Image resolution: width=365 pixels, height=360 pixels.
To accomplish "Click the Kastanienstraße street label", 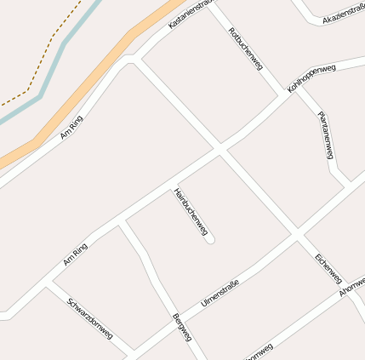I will click(x=189, y=15).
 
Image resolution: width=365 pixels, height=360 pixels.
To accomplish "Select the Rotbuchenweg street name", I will click(x=245, y=49).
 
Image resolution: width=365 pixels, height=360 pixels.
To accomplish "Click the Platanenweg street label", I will click(x=324, y=135).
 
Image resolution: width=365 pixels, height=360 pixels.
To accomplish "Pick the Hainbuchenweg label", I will click(x=191, y=212).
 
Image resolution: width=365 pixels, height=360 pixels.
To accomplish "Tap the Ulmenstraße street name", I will click(x=220, y=293).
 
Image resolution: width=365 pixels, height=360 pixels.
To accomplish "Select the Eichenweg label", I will click(x=328, y=268).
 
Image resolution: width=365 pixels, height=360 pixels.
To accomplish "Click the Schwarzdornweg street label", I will click(x=90, y=319).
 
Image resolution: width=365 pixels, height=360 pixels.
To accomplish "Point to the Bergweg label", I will click(x=182, y=328).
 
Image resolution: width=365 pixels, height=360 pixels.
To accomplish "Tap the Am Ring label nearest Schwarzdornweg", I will click(x=75, y=254).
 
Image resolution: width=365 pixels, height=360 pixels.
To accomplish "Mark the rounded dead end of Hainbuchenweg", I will click(x=210, y=240).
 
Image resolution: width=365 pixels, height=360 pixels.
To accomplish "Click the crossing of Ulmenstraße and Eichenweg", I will click(x=296, y=234).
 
